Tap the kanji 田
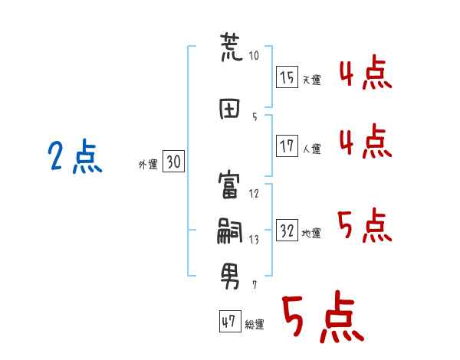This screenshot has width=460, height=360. point(230,109)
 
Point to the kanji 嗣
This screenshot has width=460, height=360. point(230,231)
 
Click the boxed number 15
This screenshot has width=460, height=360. point(287,77)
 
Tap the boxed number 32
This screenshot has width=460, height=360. point(287,231)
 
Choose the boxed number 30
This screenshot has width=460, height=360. point(173,162)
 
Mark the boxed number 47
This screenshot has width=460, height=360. point(228,322)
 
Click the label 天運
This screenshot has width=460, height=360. point(312,80)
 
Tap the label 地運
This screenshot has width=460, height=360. point(312,234)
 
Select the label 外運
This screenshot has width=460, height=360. point(148,164)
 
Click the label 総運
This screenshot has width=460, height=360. point(255,324)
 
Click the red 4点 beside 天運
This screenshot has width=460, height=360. point(365,74)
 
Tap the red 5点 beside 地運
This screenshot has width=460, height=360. point(365,226)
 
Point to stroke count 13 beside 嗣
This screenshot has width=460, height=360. point(254,240)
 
